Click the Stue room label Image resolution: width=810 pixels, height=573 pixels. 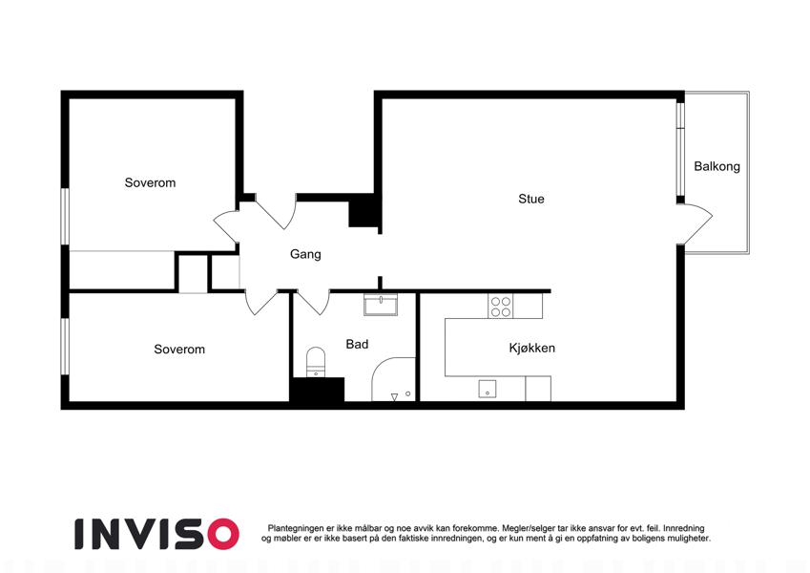(531, 199)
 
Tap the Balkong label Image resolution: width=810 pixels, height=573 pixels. (717, 166)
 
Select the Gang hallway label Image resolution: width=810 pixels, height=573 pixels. (305, 254)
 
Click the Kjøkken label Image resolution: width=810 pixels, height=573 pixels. (532, 348)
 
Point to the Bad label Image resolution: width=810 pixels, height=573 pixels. (357, 345)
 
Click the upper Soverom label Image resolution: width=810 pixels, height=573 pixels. (150, 182)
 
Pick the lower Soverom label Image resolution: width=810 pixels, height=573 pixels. (179, 350)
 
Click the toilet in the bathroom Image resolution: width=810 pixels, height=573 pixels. (316, 362)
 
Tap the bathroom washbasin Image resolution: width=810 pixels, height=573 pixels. (381, 305)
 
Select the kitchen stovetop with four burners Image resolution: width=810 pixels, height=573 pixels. (501, 307)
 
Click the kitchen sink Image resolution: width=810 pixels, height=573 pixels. (488, 389)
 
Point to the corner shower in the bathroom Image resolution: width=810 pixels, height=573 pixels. (394, 379)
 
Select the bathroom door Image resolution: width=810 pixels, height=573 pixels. (313, 303)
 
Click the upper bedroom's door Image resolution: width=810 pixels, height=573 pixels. (226, 226)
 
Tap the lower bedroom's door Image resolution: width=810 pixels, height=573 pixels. (260, 303)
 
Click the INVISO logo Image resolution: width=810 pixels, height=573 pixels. (157, 534)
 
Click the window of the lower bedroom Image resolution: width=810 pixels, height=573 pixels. (65, 346)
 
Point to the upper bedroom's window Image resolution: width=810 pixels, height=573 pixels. (65, 216)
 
